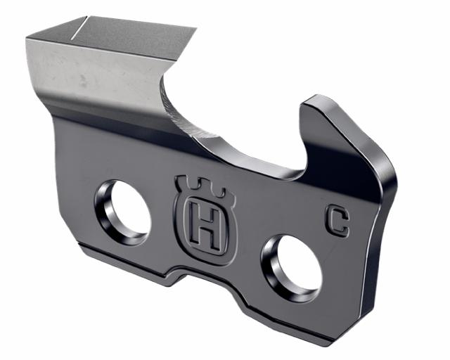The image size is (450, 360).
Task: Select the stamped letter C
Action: pyautogui.click(x=337, y=221)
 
